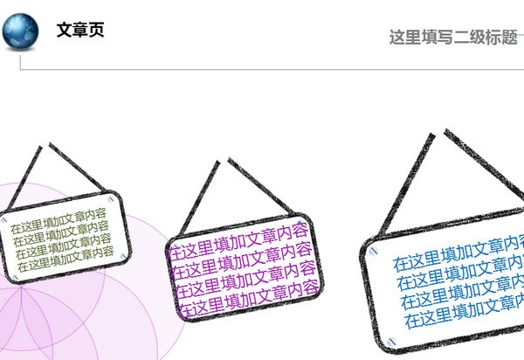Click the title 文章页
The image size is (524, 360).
[x=80, y=31]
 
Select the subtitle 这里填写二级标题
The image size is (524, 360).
[x=453, y=38]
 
